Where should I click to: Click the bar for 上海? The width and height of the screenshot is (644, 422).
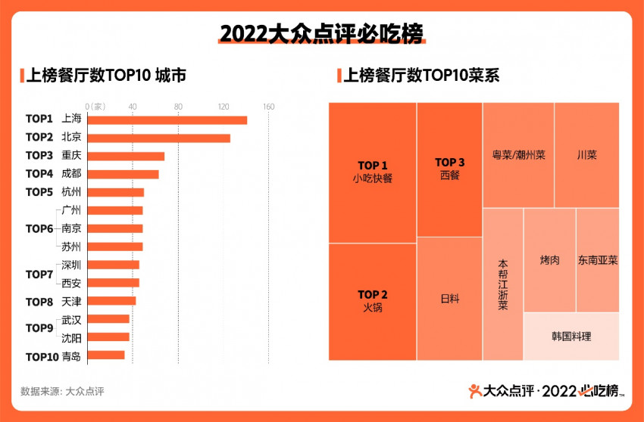pos(167,119)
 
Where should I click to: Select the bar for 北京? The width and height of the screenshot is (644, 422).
pos(159,138)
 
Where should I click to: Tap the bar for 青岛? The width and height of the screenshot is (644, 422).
pos(106,355)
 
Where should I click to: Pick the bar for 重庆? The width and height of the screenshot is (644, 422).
pos(126,156)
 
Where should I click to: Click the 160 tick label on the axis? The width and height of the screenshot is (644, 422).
pos(268,107)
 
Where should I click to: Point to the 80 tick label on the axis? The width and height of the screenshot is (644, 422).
pos(178,107)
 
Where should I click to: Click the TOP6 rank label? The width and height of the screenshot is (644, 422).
pos(39,228)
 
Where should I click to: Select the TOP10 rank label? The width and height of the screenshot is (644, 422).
pos(42,356)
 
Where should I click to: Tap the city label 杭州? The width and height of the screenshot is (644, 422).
pos(71,192)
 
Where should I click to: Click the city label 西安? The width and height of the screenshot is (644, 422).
pos(71,283)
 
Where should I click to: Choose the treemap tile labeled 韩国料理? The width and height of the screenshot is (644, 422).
pos(571,337)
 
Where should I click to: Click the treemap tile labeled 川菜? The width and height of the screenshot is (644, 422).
pos(586,155)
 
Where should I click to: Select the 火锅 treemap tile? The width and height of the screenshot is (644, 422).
pos(372,301)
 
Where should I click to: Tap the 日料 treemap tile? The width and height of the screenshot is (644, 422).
pos(449,299)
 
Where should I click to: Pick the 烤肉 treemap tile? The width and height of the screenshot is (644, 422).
pos(549,260)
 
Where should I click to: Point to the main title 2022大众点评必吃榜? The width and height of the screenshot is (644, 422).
pos(321,34)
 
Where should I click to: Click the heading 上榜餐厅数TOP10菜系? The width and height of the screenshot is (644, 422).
pos(421,76)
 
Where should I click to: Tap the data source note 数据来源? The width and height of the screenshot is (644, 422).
pos(62,391)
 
